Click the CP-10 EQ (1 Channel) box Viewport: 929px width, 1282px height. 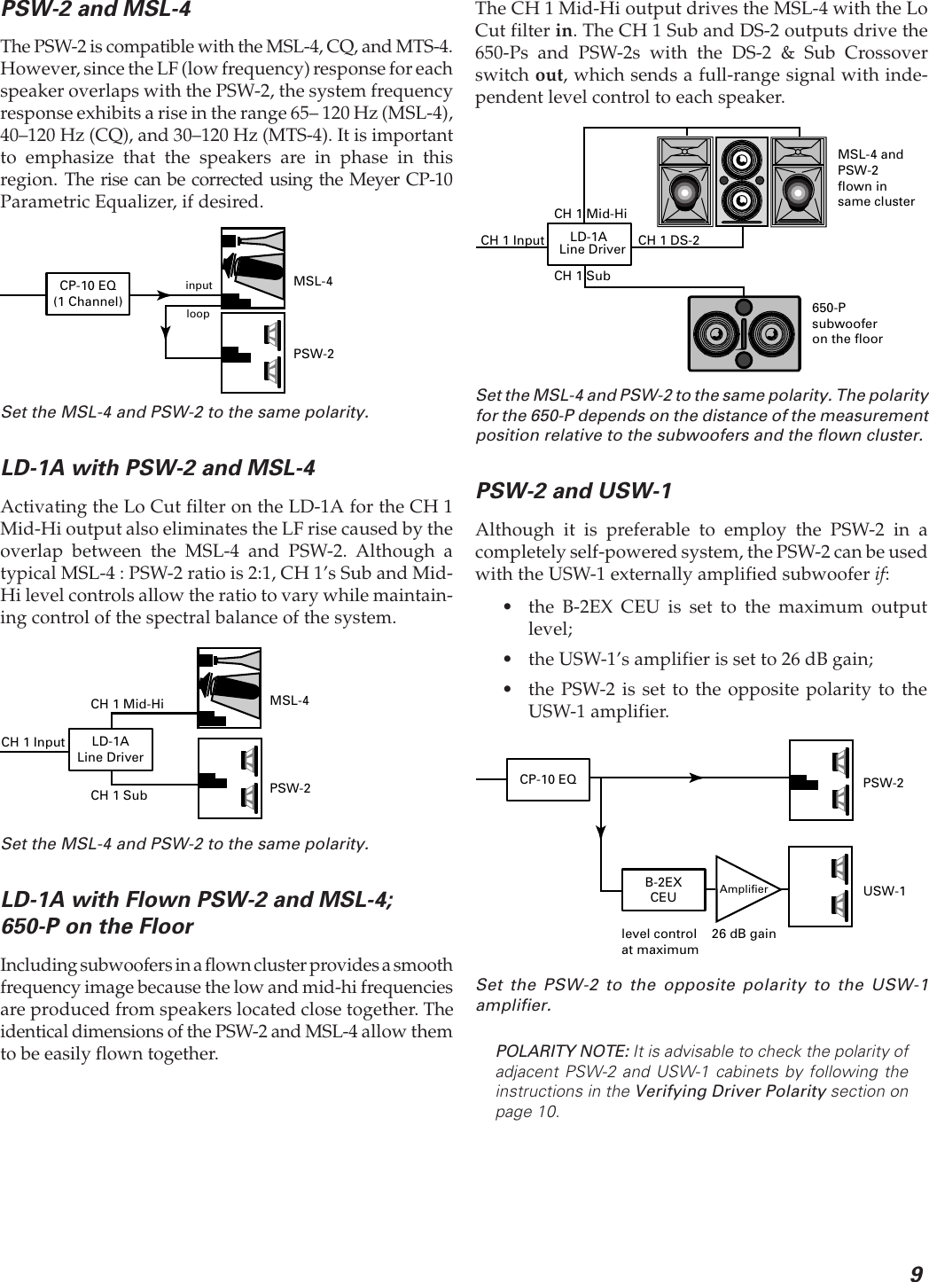pyautogui.click(x=87, y=293)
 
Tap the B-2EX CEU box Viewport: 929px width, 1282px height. pyautogui.click(x=663, y=889)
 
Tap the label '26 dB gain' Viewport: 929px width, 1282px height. pyautogui.click(x=744, y=934)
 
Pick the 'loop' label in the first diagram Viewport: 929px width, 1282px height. pyautogui.click(x=198, y=314)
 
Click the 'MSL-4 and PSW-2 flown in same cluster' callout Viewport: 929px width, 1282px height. pyautogui.click(x=875, y=177)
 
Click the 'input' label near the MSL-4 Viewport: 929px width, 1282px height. pyautogui.click(x=199, y=285)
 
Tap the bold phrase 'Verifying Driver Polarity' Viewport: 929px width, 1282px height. pyautogui.click(x=731, y=1091)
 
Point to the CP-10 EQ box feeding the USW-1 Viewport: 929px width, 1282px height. pyautogui.click(x=548, y=780)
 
